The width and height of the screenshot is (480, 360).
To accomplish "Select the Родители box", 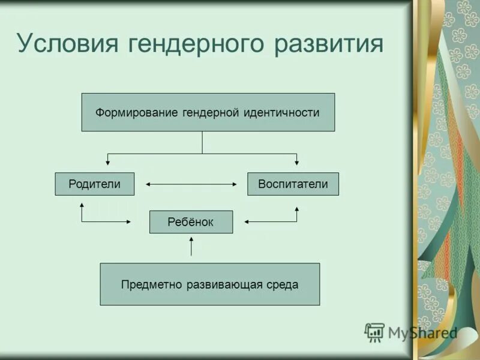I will (x=95, y=184).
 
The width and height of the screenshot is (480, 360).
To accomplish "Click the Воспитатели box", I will (x=293, y=184).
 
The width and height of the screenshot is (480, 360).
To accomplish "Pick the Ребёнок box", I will (x=191, y=222).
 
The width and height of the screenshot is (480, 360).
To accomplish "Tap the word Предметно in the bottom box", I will (x=146, y=284).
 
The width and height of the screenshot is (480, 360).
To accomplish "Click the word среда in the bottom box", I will (x=283, y=284).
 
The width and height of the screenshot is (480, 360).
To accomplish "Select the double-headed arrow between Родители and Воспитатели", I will (x=191, y=184).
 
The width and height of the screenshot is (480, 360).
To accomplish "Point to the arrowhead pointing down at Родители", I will (x=108, y=162).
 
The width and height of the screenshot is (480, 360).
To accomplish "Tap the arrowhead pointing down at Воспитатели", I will (x=296, y=162).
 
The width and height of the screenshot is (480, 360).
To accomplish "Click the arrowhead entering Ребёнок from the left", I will (x=128, y=222).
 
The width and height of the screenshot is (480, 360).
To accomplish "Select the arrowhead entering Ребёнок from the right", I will (x=247, y=222).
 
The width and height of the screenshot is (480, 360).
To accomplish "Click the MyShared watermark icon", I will (x=374, y=332).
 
